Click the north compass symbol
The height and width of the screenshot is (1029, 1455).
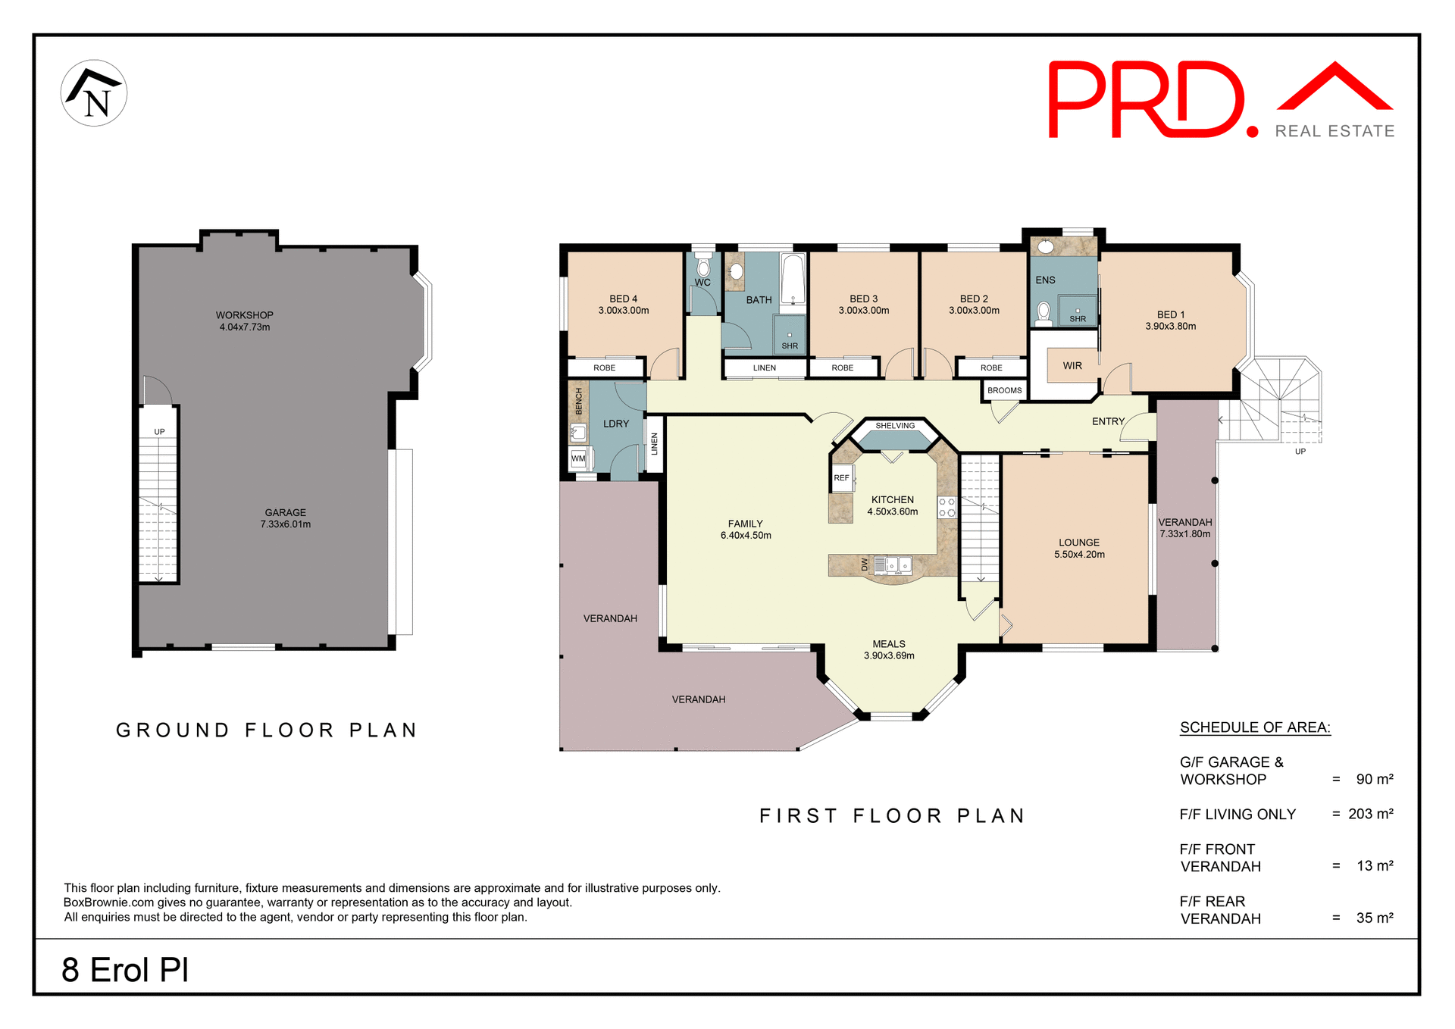[x=94, y=93]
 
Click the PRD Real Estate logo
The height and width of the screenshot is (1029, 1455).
[x=1220, y=100]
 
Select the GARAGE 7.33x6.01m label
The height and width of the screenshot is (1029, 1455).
[x=285, y=518]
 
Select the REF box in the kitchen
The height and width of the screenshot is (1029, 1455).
[x=842, y=478]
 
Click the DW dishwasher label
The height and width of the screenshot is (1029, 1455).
[x=865, y=565]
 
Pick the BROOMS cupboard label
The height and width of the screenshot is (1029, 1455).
[x=1004, y=390]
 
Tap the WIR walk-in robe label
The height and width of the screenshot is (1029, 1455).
[x=1072, y=366]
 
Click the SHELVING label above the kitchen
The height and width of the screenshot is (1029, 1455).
[x=895, y=426]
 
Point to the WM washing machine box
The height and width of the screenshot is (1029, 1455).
[x=579, y=458]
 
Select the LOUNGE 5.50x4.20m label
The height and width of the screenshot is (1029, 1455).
[x=1079, y=549]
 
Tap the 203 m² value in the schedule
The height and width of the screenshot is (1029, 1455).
[x=1370, y=814]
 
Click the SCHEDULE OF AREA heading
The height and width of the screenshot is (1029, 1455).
[x=1254, y=727]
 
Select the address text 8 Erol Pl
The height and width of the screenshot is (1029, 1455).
[x=125, y=970]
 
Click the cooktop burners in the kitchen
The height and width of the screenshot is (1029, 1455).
[x=947, y=508]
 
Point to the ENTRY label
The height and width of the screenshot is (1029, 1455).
[x=1108, y=421]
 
